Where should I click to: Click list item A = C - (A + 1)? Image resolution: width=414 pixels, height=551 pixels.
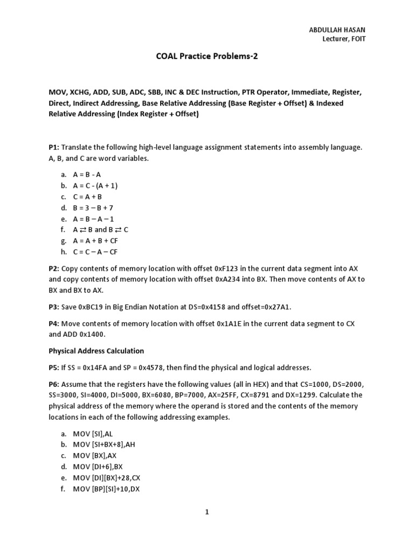pos(95,186)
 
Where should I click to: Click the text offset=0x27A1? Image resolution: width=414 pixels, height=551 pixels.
pos(268,307)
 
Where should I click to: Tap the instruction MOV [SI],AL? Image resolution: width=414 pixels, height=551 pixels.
pos(94,433)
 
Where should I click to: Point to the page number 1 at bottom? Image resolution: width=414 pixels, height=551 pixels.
pos(206,512)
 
